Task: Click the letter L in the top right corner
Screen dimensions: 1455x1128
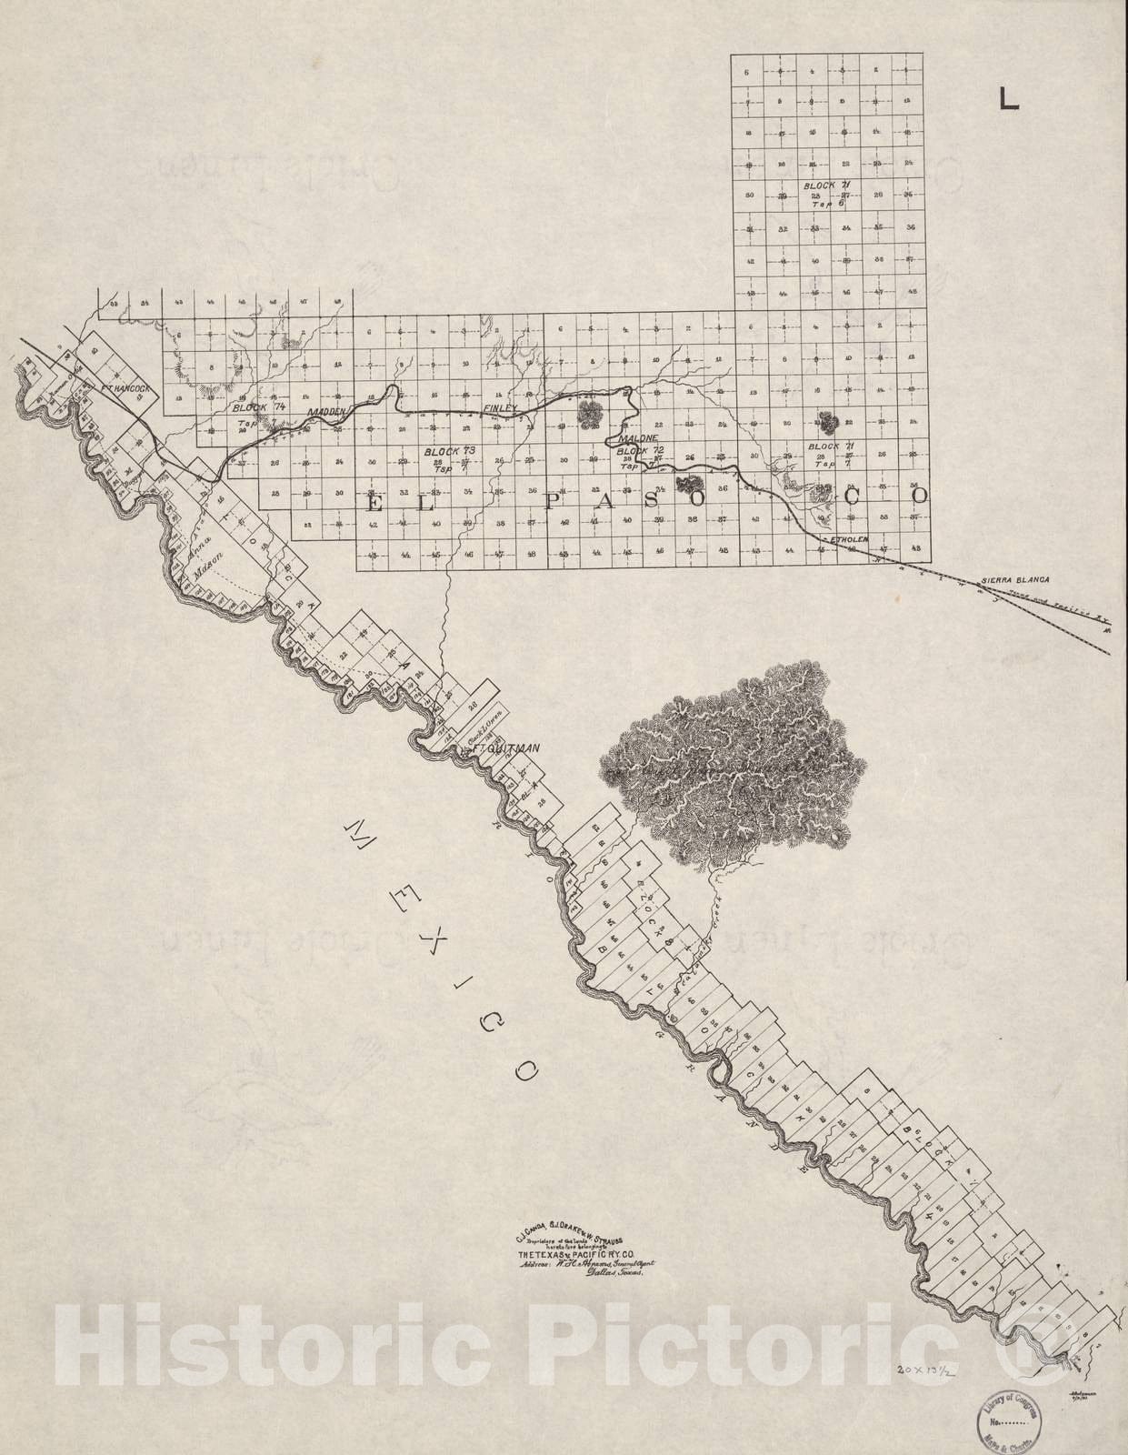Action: pyautogui.click(x=1008, y=97)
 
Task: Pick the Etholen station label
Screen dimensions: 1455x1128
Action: pyautogui.click(x=850, y=539)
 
